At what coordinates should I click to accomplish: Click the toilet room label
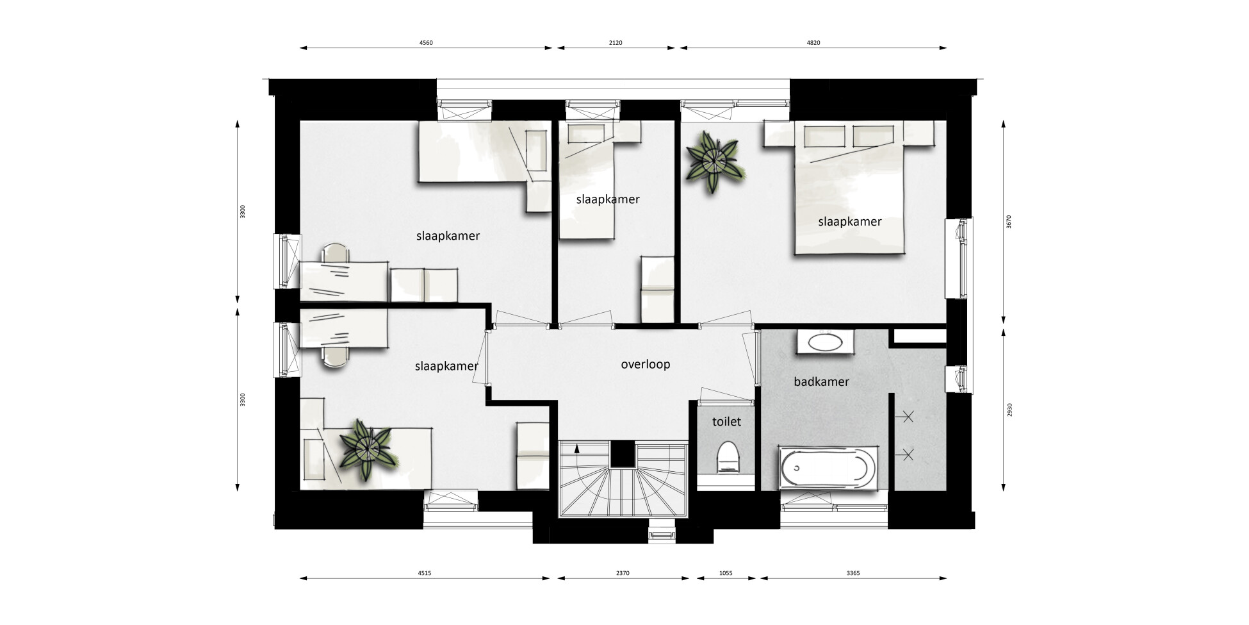coord(726,422)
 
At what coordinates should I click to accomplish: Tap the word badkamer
coord(821,382)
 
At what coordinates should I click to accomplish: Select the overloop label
coord(646,365)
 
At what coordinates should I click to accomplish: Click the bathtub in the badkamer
coord(827,470)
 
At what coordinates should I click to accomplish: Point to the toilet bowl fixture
coord(727,457)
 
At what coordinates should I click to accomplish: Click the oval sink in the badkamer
coord(826,342)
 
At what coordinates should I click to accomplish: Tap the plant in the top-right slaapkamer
coord(714,161)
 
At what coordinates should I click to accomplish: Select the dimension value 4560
coord(426,43)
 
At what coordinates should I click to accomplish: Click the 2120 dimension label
coord(616,43)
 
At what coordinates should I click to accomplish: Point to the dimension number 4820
coord(813,43)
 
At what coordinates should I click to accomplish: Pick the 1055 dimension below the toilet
coord(726,574)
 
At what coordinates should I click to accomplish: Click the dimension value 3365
coord(853,574)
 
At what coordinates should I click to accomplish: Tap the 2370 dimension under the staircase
coord(623,574)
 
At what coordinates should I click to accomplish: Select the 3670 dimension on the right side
coord(1009,222)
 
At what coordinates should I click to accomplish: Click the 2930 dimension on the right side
coord(1009,410)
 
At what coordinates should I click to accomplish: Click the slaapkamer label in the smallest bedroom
coord(608,199)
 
